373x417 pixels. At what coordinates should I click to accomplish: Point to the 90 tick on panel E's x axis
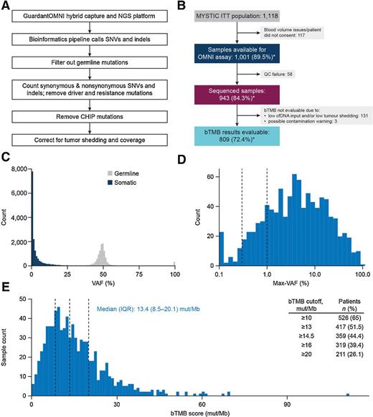tap(288, 401)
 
